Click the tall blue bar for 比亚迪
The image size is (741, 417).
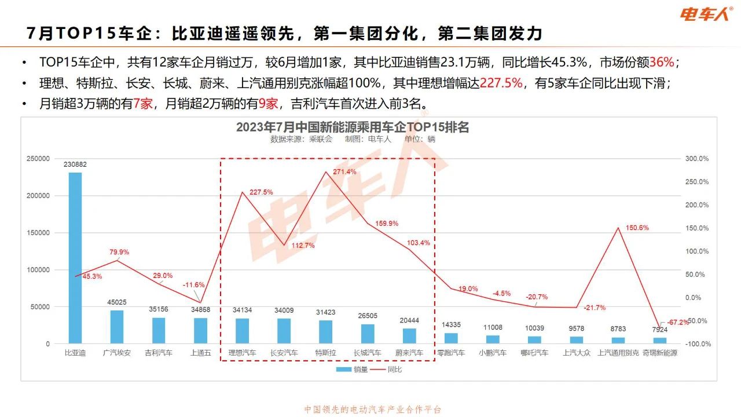click(x=75, y=258)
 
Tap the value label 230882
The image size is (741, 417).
click(x=75, y=164)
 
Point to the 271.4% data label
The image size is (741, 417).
click(x=344, y=172)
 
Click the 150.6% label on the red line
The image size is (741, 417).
click(x=637, y=228)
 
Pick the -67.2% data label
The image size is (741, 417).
click(x=678, y=322)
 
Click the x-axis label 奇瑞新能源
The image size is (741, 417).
click(x=659, y=353)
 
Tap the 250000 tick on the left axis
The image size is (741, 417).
click(x=38, y=159)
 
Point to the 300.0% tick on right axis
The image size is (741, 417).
click(x=697, y=159)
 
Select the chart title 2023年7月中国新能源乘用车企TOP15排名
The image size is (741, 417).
click(x=352, y=127)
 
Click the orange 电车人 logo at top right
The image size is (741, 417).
click(x=706, y=14)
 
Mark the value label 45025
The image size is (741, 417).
click(x=117, y=302)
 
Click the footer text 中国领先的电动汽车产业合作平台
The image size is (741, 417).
click(x=373, y=409)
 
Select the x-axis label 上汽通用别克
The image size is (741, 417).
click(x=618, y=353)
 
